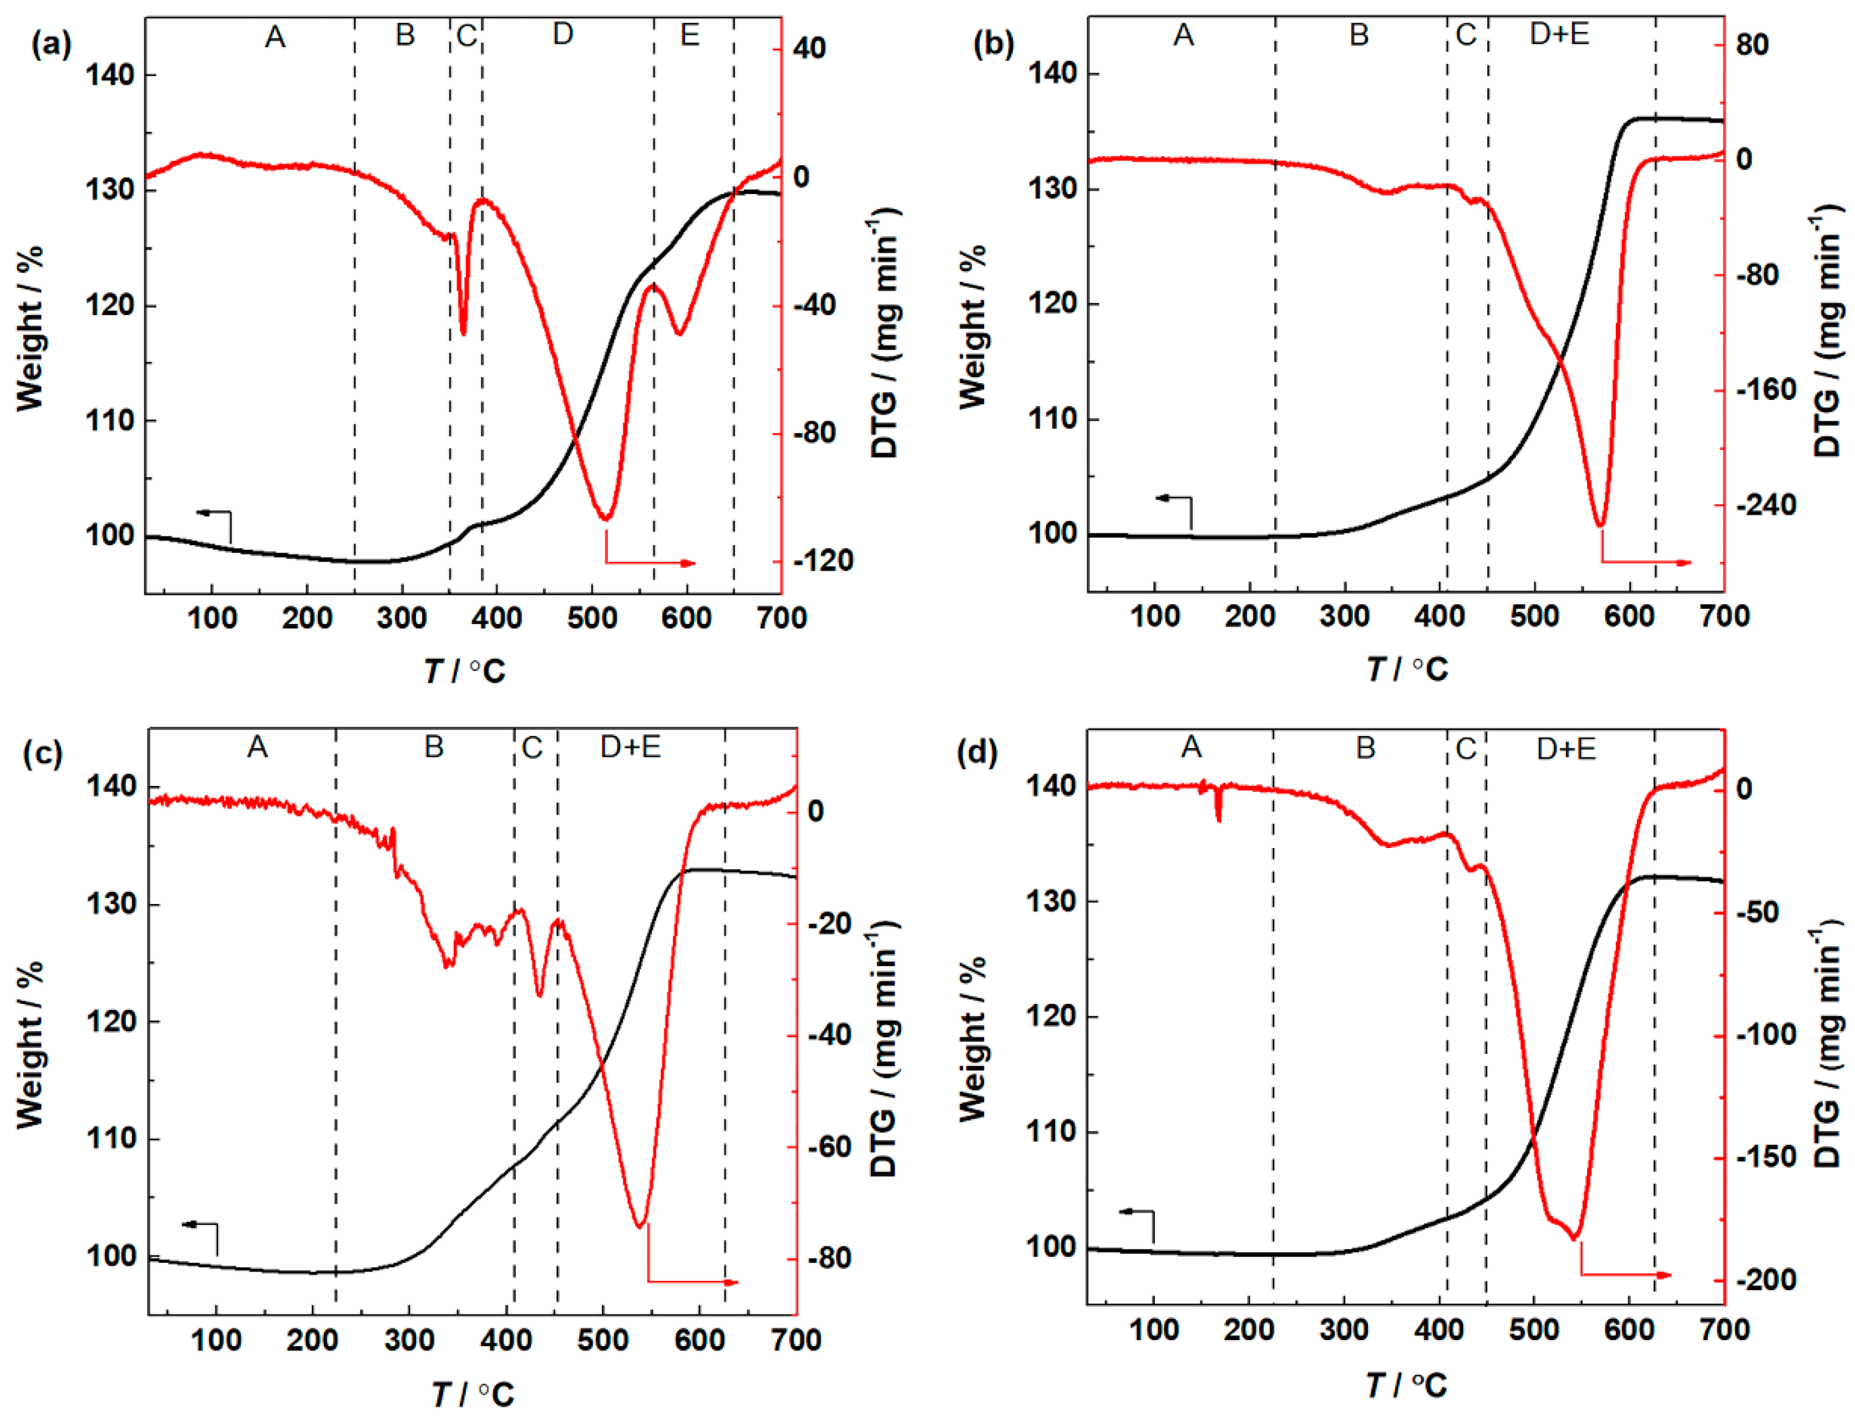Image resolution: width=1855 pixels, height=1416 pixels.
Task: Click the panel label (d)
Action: click(977, 752)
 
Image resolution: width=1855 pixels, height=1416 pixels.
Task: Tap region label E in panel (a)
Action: click(690, 35)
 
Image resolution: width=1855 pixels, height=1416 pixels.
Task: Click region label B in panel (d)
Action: click(1365, 748)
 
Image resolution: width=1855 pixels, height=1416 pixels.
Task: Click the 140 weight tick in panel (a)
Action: click(110, 75)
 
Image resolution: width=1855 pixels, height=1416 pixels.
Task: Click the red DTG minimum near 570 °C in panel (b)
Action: click(1600, 525)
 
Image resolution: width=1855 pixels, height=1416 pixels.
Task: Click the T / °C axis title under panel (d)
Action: click(1406, 1384)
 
